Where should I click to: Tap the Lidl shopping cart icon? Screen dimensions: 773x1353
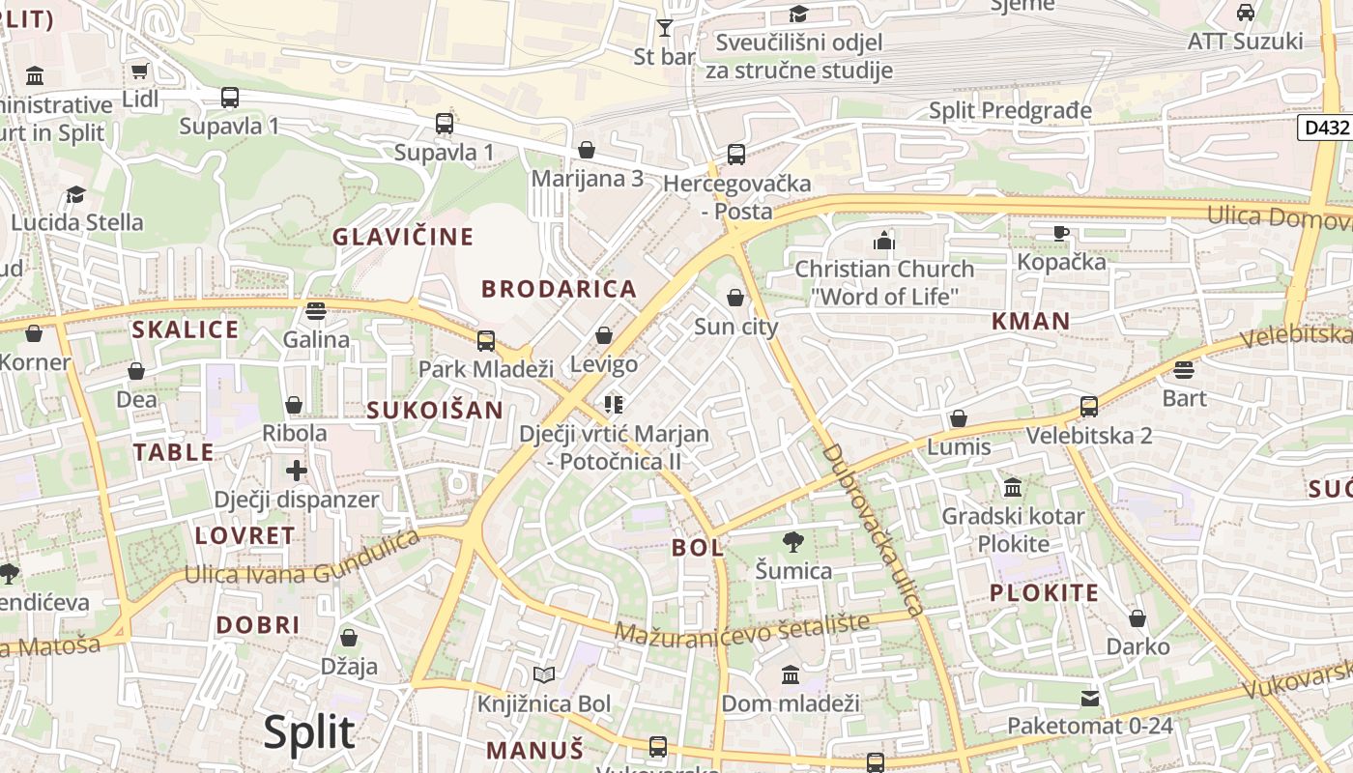(140, 71)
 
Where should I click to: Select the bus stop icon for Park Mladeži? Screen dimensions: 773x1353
(486, 340)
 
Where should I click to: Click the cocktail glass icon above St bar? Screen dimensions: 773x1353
(665, 28)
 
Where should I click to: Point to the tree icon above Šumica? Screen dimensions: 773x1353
(793, 542)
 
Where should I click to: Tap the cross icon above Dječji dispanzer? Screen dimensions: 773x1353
(297, 471)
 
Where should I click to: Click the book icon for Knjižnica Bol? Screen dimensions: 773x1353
(544, 674)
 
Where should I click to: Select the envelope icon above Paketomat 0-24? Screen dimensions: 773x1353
(1090, 698)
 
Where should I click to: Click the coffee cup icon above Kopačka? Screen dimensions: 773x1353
(1061, 233)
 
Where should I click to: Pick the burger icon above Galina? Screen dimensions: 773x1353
(316, 311)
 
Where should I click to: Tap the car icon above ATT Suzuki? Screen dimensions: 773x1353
(1246, 13)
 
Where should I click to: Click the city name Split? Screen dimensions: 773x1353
(309, 732)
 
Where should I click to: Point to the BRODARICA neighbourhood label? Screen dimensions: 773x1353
(560, 289)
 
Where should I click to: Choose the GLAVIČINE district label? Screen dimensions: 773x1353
(403, 237)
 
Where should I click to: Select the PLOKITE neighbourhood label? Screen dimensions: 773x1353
(1044, 593)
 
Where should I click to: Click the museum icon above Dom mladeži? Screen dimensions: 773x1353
(791, 673)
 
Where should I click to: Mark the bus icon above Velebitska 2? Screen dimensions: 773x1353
(1089, 407)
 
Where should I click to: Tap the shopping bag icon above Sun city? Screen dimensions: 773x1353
(735, 298)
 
